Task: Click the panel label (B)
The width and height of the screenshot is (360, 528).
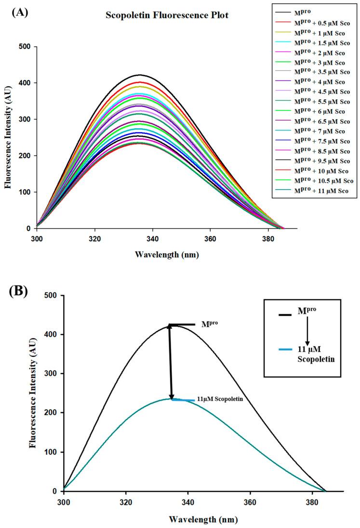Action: [x=19, y=292]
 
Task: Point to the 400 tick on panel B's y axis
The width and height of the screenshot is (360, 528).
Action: [x=52, y=335]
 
